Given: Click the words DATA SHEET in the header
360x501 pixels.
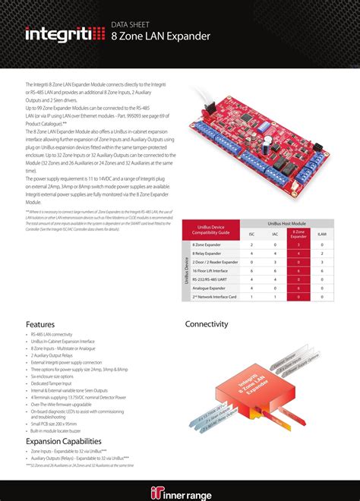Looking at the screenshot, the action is [x=131, y=24].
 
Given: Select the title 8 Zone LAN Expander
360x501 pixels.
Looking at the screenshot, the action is [x=160, y=36].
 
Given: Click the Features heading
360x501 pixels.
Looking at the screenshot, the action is [x=40, y=324].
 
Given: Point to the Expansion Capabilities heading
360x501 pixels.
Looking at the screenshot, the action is [x=63, y=441].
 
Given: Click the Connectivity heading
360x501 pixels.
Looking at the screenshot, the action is [x=207, y=324].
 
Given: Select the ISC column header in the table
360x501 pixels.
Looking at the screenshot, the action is [x=252, y=235].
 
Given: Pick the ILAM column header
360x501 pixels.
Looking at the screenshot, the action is [x=322, y=235].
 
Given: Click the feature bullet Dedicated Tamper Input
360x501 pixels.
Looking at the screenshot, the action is [x=55, y=383].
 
